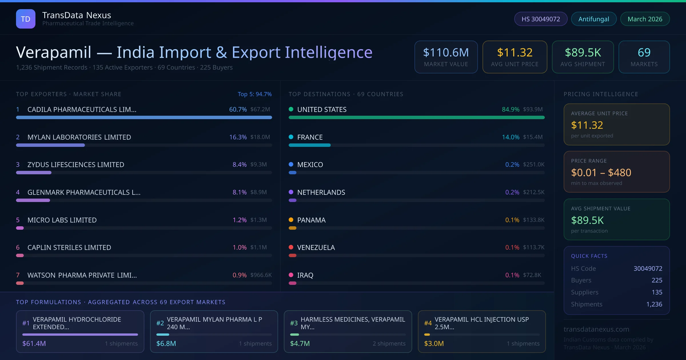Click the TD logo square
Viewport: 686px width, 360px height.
coord(25,19)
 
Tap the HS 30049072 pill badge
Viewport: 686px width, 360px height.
coord(541,19)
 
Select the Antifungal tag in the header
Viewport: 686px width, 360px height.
coord(593,19)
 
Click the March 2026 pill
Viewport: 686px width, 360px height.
coord(645,19)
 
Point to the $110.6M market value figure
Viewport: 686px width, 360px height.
coord(446,53)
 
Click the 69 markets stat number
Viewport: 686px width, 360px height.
coord(644,53)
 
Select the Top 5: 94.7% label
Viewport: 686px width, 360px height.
coord(254,94)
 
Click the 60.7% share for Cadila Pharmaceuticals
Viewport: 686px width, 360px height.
coord(238,109)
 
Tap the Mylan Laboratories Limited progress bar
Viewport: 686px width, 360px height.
coord(51,145)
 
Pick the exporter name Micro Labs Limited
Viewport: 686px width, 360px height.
coord(62,220)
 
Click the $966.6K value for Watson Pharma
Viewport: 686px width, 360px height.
coord(261,275)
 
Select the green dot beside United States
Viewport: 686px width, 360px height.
coord(291,109)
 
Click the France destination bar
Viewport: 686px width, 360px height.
coord(310,145)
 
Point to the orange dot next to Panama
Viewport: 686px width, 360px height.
coord(291,220)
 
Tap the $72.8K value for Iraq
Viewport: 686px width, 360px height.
coord(532,275)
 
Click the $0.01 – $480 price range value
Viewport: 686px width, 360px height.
coord(601,173)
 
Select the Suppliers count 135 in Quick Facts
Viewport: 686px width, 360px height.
coord(657,292)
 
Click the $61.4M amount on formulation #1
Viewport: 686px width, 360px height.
coord(34,343)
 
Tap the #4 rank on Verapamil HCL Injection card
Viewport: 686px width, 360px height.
coord(428,323)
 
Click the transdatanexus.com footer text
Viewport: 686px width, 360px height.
coord(596,329)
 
